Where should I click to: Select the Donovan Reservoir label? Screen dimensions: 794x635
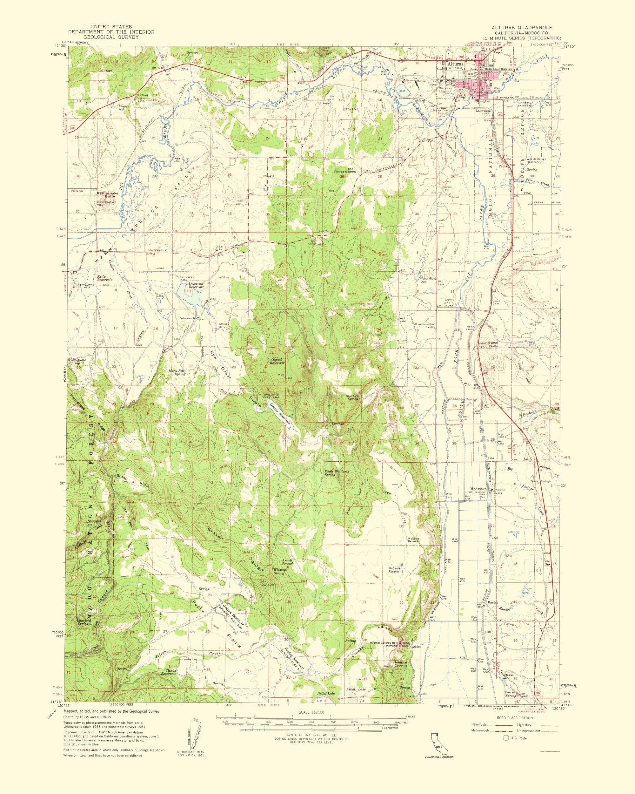[189, 285]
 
